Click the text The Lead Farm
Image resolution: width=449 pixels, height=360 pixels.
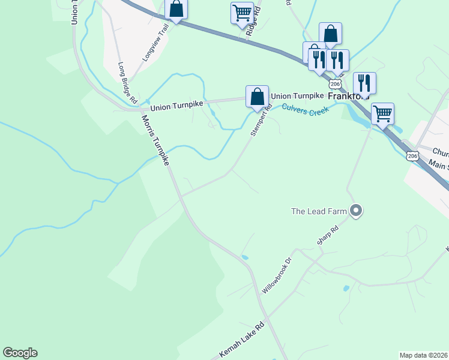pyautogui.click(x=319, y=211)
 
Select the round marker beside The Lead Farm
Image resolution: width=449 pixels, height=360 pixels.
pyautogui.click(x=356, y=211)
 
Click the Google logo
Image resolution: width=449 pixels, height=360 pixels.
pyautogui.click(x=20, y=353)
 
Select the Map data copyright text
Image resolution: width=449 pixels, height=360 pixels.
pyautogui.click(x=424, y=355)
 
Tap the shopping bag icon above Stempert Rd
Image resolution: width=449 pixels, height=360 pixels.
pyautogui.click(x=257, y=97)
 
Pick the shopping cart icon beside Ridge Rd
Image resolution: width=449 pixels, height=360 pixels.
pyautogui.click(x=243, y=13)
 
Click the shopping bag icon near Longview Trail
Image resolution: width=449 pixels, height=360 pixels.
pyautogui.click(x=176, y=8)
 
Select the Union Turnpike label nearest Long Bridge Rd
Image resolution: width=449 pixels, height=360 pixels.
pyautogui.click(x=177, y=108)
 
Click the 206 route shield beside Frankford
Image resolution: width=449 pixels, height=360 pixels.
pyautogui.click(x=336, y=83)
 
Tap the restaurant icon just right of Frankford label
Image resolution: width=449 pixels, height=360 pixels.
pyautogui.click(x=364, y=83)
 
